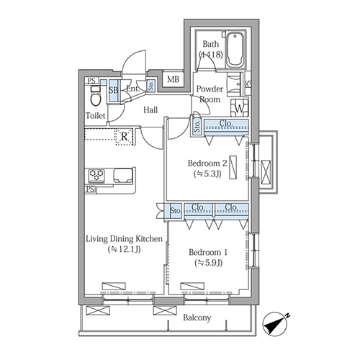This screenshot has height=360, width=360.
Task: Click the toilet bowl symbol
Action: coord(96,96)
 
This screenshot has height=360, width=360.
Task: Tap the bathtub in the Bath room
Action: coord(235,50)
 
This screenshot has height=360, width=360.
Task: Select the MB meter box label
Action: coord(173,79)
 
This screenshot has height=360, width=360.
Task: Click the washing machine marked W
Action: coord(239,107)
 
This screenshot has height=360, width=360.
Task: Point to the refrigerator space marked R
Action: coord(124,137)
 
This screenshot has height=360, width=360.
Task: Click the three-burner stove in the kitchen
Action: coord(96,175)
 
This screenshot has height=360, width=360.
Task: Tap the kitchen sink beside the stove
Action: coord(123,176)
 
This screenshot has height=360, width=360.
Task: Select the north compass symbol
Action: coord(276,324)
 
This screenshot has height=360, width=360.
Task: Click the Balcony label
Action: coord(197,318)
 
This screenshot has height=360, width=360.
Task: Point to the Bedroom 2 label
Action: coord(207,163)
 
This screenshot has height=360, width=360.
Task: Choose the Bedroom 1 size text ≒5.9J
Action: coord(208,263)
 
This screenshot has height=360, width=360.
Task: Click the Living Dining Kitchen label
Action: coord(124,239)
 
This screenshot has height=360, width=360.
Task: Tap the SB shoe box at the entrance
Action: coord(114,90)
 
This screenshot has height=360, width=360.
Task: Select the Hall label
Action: coord(150,110)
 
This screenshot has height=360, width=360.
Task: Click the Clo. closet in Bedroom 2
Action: coord(226,127)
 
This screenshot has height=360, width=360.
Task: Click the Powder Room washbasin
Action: coord(234,84)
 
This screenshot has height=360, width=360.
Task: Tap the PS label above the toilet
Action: coord(91,81)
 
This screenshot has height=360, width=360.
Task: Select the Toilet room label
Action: coord(96,116)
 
